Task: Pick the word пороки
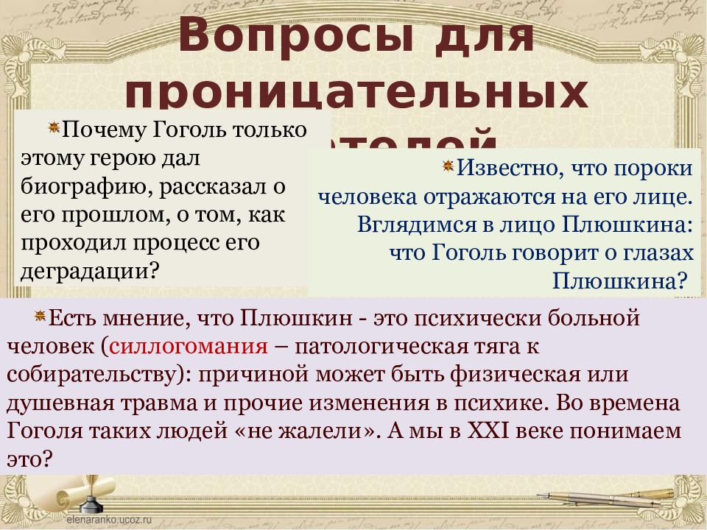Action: [x=653, y=169]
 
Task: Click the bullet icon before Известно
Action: [x=448, y=166]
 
